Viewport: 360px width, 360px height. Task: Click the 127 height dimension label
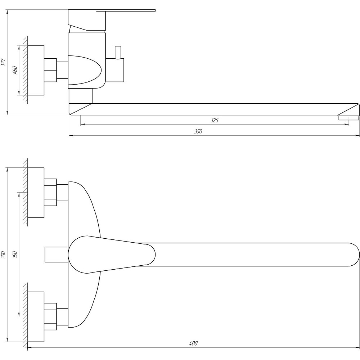click(x=3, y=62)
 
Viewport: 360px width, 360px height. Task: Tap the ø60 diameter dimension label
click(x=15, y=70)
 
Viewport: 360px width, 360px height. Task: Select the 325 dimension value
click(x=215, y=120)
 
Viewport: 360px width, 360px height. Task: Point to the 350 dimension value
click(x=198, y=131)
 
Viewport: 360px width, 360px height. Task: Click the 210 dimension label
click(x=3, y=255)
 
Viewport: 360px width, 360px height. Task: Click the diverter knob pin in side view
click(x=118, y=52)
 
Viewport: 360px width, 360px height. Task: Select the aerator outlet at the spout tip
click(x=348, y=118)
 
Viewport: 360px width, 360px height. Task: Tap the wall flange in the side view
click(x=36, y=70)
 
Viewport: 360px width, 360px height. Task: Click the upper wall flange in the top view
click(x=36, y=193)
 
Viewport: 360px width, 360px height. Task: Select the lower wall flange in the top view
click(x=36, y=317)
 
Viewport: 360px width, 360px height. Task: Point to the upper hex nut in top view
click(x=50, y=192)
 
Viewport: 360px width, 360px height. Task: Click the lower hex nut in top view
click(x=50, y=316)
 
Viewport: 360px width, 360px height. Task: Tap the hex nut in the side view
click(x=50, y=70)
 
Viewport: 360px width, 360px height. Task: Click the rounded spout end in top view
click(x=354, y=255)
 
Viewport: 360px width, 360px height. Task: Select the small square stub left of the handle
click(x=56, y=255)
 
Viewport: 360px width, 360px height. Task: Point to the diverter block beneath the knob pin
click(x=114, y=70)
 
